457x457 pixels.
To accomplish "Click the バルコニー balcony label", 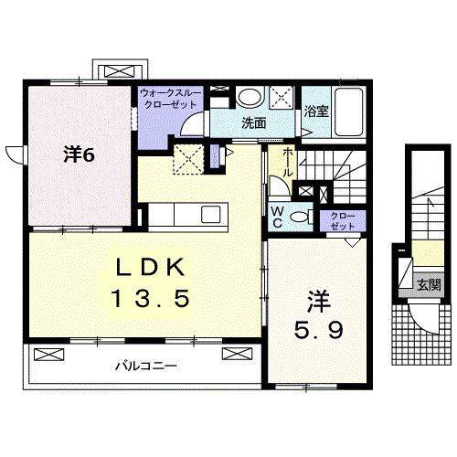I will coord(145,366).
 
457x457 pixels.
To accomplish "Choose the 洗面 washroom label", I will coord(254,122).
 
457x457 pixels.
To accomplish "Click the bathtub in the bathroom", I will coord(350,112).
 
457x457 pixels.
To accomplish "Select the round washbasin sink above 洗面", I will coord(247,98).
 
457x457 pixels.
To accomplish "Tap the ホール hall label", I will coord(287,163).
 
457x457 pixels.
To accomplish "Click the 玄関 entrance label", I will coord(428,283).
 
